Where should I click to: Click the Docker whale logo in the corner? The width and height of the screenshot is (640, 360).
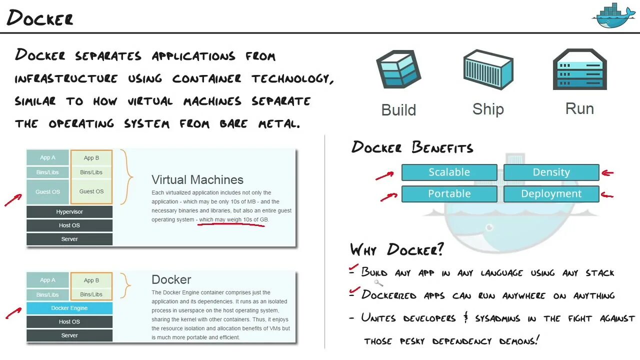coord(613,16)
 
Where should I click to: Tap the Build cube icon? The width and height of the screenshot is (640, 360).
coord(398,70)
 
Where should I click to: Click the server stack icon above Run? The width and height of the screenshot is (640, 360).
coord(579,69)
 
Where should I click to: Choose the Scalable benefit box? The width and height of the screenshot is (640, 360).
coord(449,172)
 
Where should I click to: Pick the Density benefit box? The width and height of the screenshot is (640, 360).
coord(551,172)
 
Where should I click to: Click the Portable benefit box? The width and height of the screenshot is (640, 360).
coord(449,193)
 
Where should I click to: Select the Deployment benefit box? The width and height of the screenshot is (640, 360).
coord(551,193)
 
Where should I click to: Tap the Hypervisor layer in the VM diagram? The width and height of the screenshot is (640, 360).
coord(69,212)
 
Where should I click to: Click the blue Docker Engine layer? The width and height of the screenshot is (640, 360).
coord(69,308)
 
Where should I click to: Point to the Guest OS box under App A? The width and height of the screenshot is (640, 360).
coord(48,191)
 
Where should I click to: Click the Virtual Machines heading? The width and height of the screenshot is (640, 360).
coord(197,179)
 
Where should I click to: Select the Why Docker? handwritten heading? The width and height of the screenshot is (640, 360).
coord(396,249)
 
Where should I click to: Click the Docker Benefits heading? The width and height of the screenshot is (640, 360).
coord(412,147)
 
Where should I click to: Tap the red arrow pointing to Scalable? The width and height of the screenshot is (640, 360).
coord(384,175)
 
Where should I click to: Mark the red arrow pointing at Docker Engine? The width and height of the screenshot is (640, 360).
coord(13,313)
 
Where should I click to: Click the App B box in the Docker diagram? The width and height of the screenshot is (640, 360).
coord(91,280)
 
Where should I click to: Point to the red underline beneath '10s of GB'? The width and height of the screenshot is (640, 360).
coord(231,225)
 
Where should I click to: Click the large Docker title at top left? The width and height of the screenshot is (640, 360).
coord(40,18)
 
